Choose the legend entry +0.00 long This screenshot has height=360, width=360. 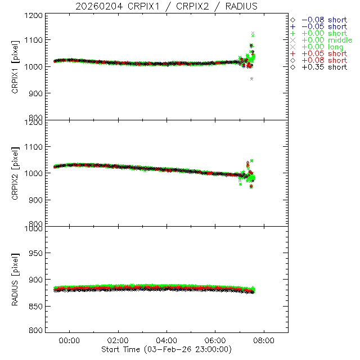[321, 47]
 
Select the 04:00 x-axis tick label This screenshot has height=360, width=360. [166, 341]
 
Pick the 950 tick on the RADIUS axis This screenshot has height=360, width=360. [35, 254]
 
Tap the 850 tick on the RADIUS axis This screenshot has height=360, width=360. [35, 306]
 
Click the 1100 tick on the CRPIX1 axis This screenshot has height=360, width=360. [33, 40]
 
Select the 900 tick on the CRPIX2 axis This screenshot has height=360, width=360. [35, 200]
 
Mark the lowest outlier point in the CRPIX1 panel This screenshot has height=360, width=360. [251, 79]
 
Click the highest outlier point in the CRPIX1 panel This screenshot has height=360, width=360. [253, 34]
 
